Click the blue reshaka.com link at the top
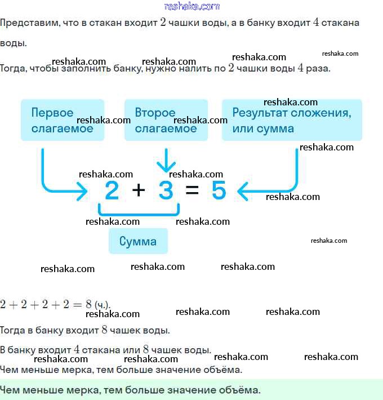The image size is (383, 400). tap(191, 6)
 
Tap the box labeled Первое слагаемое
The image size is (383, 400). tap(63, 120)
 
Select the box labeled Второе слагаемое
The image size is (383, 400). tap(166, 120)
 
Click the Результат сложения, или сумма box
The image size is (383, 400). tap(292, 120)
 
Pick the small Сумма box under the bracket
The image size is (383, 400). tap(138, 241)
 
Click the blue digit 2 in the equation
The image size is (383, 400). tap(112, 190)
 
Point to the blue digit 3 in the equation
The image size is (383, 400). tap(166, 190)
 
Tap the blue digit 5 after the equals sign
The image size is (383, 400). tap(219, 190)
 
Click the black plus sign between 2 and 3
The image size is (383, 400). tap(139, 190)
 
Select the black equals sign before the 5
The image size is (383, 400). tap(192, 190)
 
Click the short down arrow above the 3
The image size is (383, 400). tap(166, 160)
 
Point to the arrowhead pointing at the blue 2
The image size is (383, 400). tap(82, 191)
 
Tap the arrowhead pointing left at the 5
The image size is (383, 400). tap(243, 191)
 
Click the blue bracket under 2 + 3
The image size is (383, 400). tap(139, 214)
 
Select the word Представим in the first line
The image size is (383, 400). tap(30, 23)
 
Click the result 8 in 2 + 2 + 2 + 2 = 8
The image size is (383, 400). tap(88, 304)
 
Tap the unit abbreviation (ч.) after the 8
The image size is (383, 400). tap(102, 305)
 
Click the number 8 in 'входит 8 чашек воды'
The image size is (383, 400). tap(104, 330)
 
